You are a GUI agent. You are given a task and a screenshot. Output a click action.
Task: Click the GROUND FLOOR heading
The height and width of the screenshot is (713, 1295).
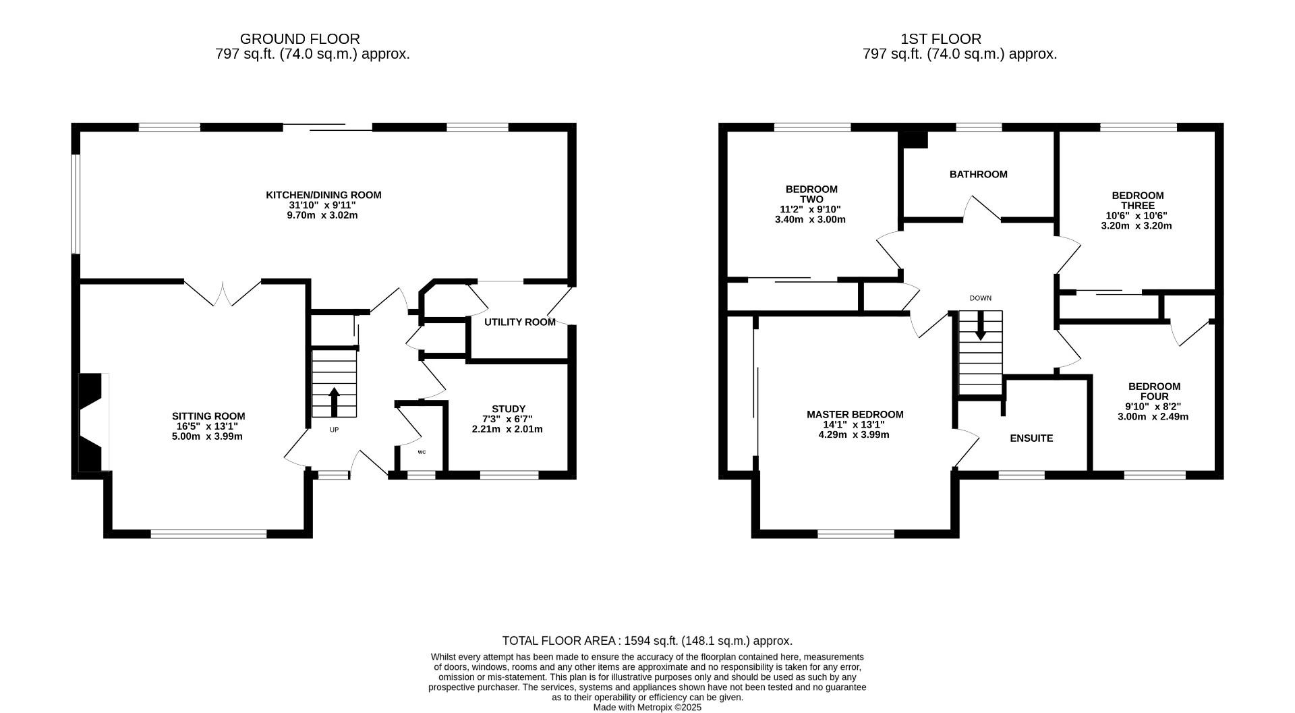[x=299, y=39]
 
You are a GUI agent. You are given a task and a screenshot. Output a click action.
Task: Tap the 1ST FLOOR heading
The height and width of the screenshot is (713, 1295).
[x=940, y=39]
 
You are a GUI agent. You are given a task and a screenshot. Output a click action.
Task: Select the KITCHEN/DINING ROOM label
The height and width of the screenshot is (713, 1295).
[x=323, y=195]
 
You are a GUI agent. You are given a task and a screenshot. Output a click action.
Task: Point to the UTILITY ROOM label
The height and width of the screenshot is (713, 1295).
[x=519, y=322]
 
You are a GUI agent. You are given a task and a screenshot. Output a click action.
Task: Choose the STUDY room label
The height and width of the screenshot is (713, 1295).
[x=508, y=409]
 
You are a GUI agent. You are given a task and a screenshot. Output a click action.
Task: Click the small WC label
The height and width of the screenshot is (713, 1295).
[x=422, y=452]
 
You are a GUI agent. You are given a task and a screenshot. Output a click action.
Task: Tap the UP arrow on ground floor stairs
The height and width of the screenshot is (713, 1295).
[x=334, y=402]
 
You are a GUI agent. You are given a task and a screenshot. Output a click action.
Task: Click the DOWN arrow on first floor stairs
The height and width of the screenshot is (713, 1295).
[x=980, y=326]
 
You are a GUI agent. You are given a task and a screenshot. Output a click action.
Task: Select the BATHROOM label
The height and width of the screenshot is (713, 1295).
[x=978, y=174]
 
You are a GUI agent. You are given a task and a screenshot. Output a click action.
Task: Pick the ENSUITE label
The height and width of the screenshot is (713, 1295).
[x=1031, y=438]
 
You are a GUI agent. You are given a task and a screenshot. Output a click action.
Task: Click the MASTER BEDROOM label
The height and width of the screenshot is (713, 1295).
[x=855, y=414]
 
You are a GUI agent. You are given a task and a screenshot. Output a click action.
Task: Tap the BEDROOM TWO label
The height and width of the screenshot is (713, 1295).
[x=811, y=194]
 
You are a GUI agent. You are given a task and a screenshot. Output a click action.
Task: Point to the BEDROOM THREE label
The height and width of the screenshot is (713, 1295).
[x=1137, y=200]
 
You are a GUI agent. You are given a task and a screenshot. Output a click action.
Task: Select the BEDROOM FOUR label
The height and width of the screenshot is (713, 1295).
[x=1153, y=391]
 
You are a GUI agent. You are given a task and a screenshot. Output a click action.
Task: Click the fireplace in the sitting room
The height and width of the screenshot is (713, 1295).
[x=93, y=422]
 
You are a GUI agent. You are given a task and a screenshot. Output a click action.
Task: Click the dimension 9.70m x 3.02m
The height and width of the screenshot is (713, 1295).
[x=322, y=215]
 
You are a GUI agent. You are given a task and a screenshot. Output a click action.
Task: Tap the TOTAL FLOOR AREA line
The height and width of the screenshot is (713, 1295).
[x=647, y=641]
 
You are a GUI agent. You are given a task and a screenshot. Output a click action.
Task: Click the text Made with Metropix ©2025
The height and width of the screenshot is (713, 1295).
[x=647, y=708]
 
